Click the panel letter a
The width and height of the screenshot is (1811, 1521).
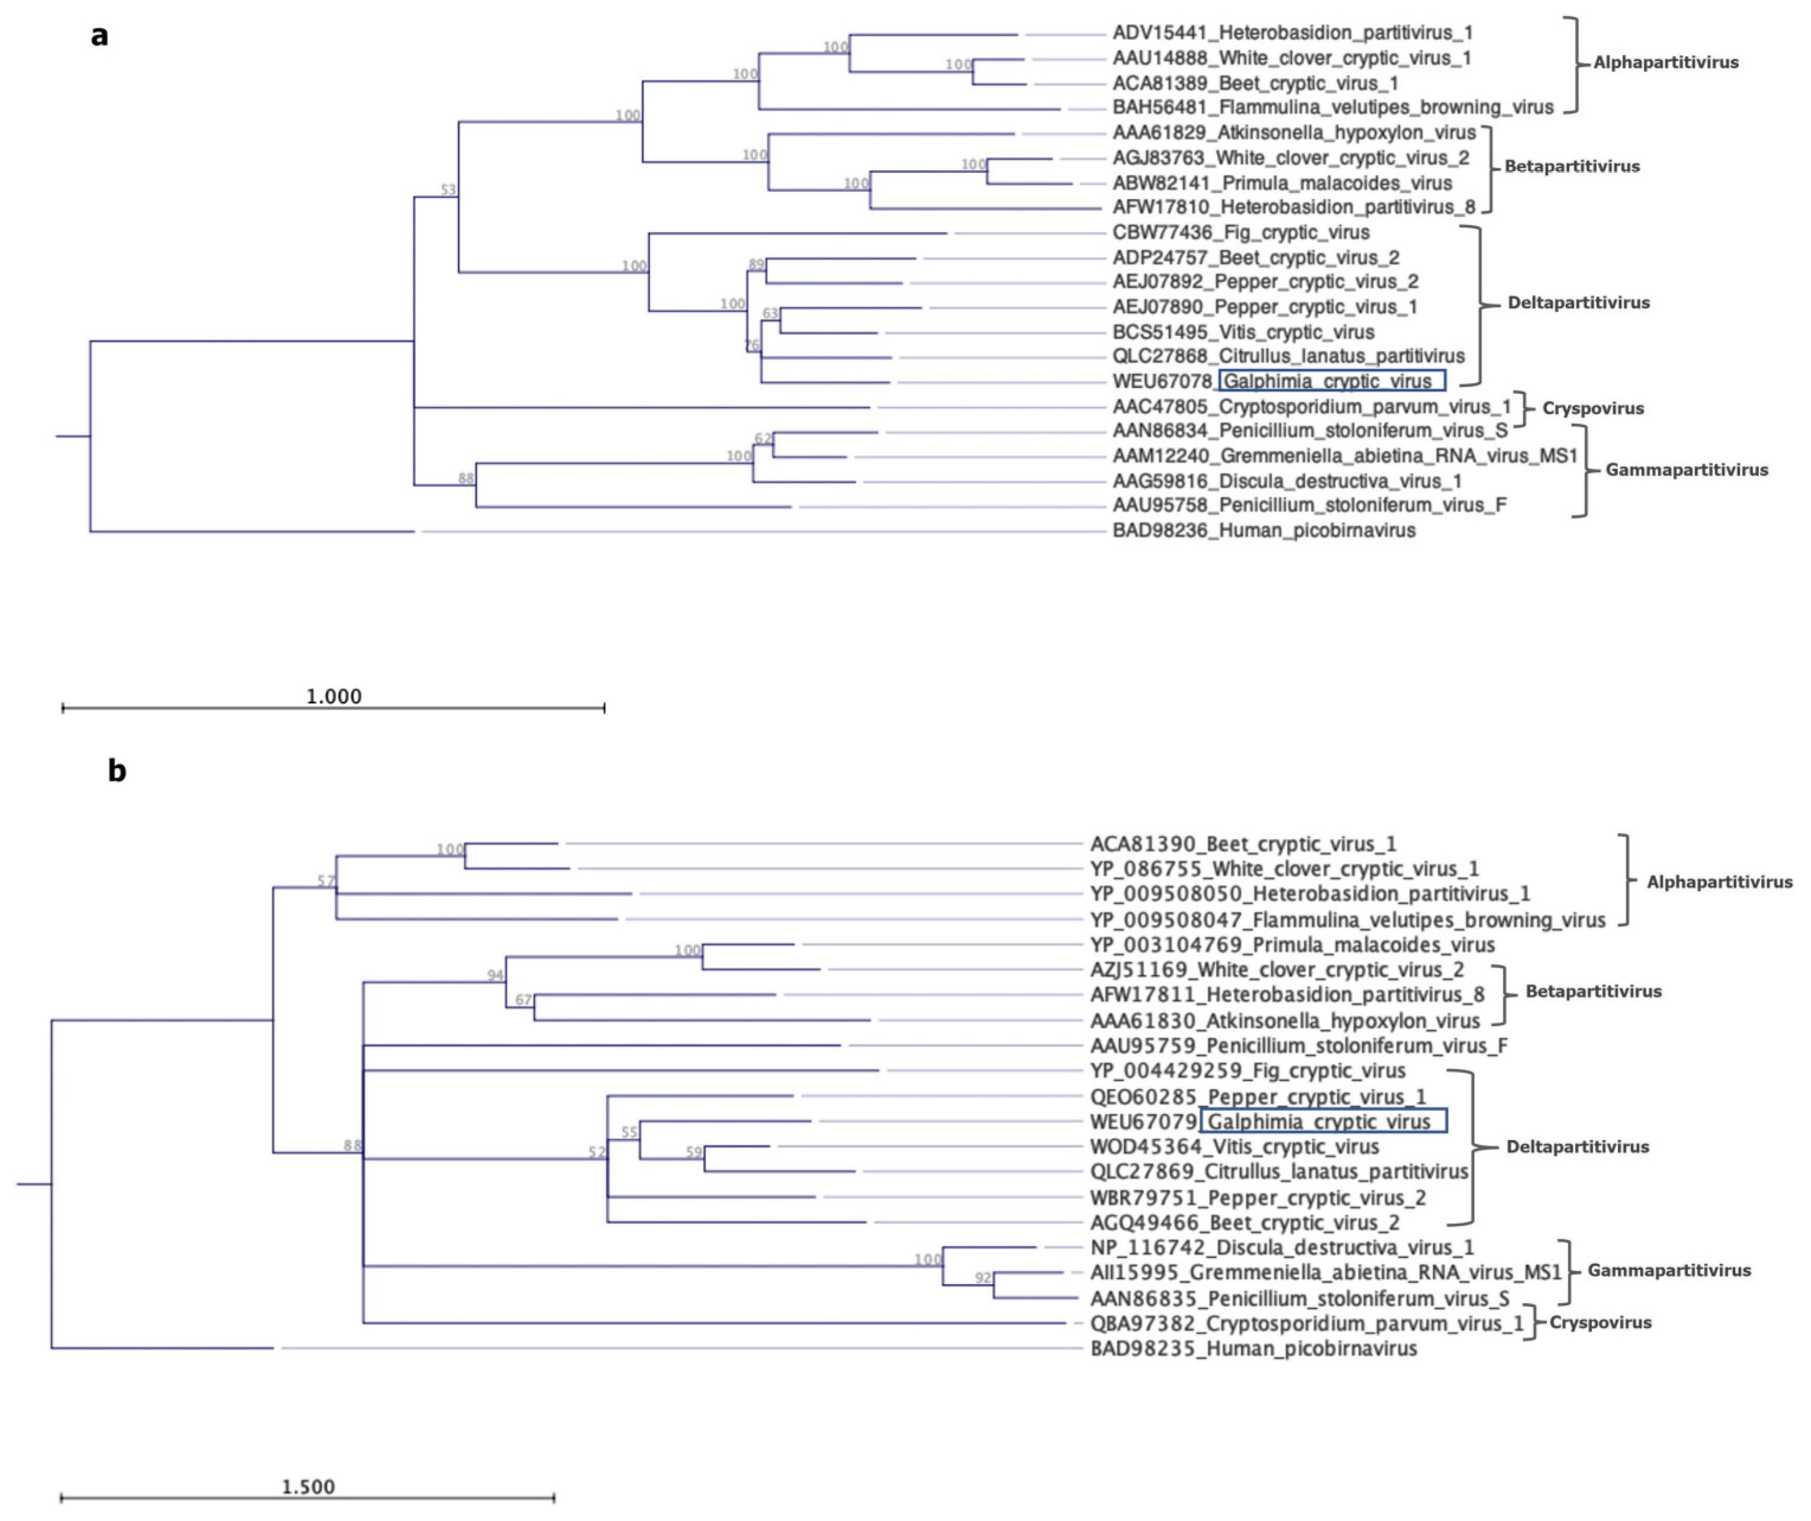[100, 36]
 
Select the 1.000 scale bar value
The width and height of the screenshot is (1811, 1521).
[334, 696]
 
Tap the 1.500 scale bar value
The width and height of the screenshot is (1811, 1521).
[308, 1487]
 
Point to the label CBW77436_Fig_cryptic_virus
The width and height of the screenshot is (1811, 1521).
[1240, 233]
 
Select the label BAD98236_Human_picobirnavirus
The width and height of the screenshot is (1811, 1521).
[1263, 531]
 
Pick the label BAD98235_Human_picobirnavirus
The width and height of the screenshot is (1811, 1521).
[1253, 1349]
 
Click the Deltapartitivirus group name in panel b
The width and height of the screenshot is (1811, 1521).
[1577, 1147]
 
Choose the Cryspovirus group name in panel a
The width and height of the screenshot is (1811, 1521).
[1592, 409]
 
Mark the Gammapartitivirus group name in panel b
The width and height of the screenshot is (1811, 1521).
[1669, 1270]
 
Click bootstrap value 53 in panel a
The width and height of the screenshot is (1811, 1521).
[448, 190]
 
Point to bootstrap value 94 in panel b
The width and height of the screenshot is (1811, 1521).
[495, 976]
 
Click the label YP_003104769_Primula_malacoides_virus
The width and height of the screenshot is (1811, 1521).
[1292, 945]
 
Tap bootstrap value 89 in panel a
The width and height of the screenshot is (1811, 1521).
[756, 265]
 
